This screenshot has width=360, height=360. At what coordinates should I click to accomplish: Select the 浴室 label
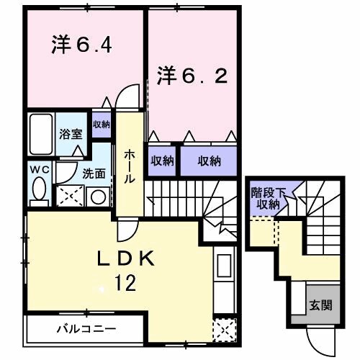[70, 133]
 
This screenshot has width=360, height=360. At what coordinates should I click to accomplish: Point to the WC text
[39, 171]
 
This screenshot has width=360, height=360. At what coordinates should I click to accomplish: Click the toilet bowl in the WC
[39, 190]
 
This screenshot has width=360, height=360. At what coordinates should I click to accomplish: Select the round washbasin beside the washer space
[97, 196]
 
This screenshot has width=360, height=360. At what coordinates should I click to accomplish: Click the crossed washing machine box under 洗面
[71, 194]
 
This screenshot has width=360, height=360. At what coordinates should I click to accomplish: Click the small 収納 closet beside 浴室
[101, 125]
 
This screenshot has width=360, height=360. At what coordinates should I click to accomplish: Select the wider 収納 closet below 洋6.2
[209, 161]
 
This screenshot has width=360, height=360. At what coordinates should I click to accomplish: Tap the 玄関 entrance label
[321, 305]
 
